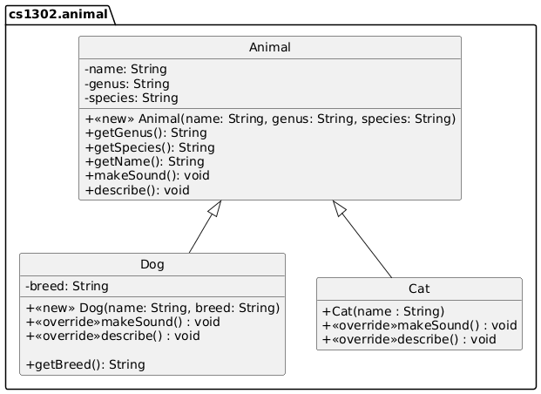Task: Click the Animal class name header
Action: tap(269, 49)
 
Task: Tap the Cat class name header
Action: tap(419, 289)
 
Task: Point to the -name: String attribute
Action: tap(125, 69)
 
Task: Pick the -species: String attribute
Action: tap(132, 98)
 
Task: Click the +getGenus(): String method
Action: tap(145, 132)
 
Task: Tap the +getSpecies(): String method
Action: tap(150, 147)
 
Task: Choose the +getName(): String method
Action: tap(145, 161)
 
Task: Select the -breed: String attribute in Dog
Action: tap(67, 286)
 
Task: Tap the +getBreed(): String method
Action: tap(85, 363)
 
